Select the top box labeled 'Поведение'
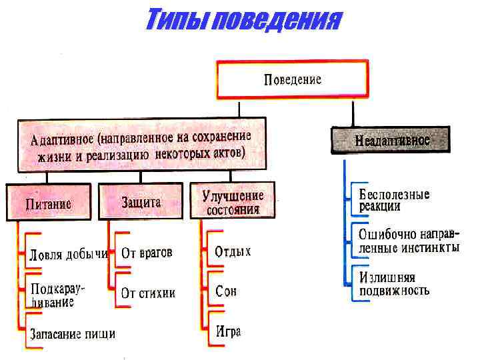point(292,80)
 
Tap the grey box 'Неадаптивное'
point(392,141)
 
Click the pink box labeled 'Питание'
point(49,203)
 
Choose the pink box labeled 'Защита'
point(141,201)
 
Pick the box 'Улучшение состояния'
point(233,202)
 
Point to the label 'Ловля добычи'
point(69,254)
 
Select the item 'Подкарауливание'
point(58,295)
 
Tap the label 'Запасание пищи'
point(73,333)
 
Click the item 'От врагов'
point(147,253)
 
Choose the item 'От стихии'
point(148,292)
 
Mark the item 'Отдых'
point(233,252)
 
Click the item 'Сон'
point(226,291)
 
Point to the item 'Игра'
point(228,331)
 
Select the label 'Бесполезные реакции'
point(394,200)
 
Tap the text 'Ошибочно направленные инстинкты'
point(409,241)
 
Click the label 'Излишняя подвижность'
point(394,283)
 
